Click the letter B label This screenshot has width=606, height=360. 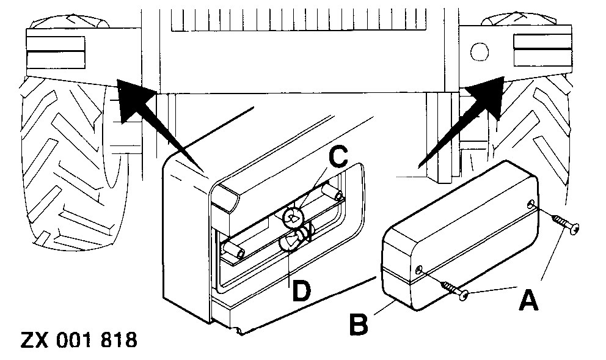[x=359, y=322]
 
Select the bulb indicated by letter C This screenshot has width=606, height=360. [x=294, y=215]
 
